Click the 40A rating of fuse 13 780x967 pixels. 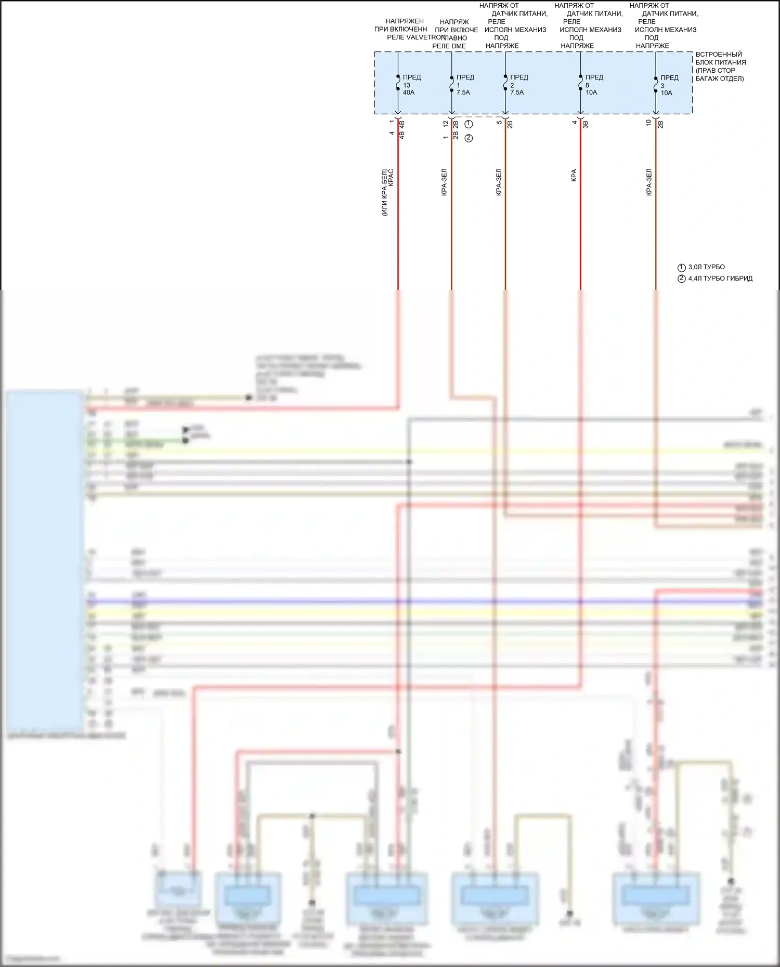pos(409,92)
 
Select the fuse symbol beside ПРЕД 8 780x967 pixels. pos(580,84)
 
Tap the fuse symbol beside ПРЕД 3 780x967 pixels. pos(656,85)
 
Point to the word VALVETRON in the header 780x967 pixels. pos(426,37)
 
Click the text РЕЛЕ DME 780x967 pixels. pos(449,46)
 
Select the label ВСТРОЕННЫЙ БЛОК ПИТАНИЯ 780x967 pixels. pos(720,58)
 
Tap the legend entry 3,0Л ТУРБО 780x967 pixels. pos(706,267)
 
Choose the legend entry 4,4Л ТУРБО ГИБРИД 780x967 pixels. pos(720,279)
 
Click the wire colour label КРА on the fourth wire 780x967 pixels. pos(574,175)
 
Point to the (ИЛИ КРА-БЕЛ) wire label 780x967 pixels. pos(384,192)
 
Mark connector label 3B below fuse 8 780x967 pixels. pos(585,124)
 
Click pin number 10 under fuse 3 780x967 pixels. pos(648,123)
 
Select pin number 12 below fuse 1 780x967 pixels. pos(446,124)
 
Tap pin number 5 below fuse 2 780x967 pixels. pos(499,122)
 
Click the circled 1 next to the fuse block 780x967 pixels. pos(469,124)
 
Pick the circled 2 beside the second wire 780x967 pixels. pos(469,138)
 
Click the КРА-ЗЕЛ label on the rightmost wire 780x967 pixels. pos(649,182)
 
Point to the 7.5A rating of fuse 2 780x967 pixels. pos(517,92)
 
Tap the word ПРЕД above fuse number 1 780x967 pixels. pos(465,77)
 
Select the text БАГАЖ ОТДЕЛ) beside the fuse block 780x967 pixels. pos(720,78)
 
